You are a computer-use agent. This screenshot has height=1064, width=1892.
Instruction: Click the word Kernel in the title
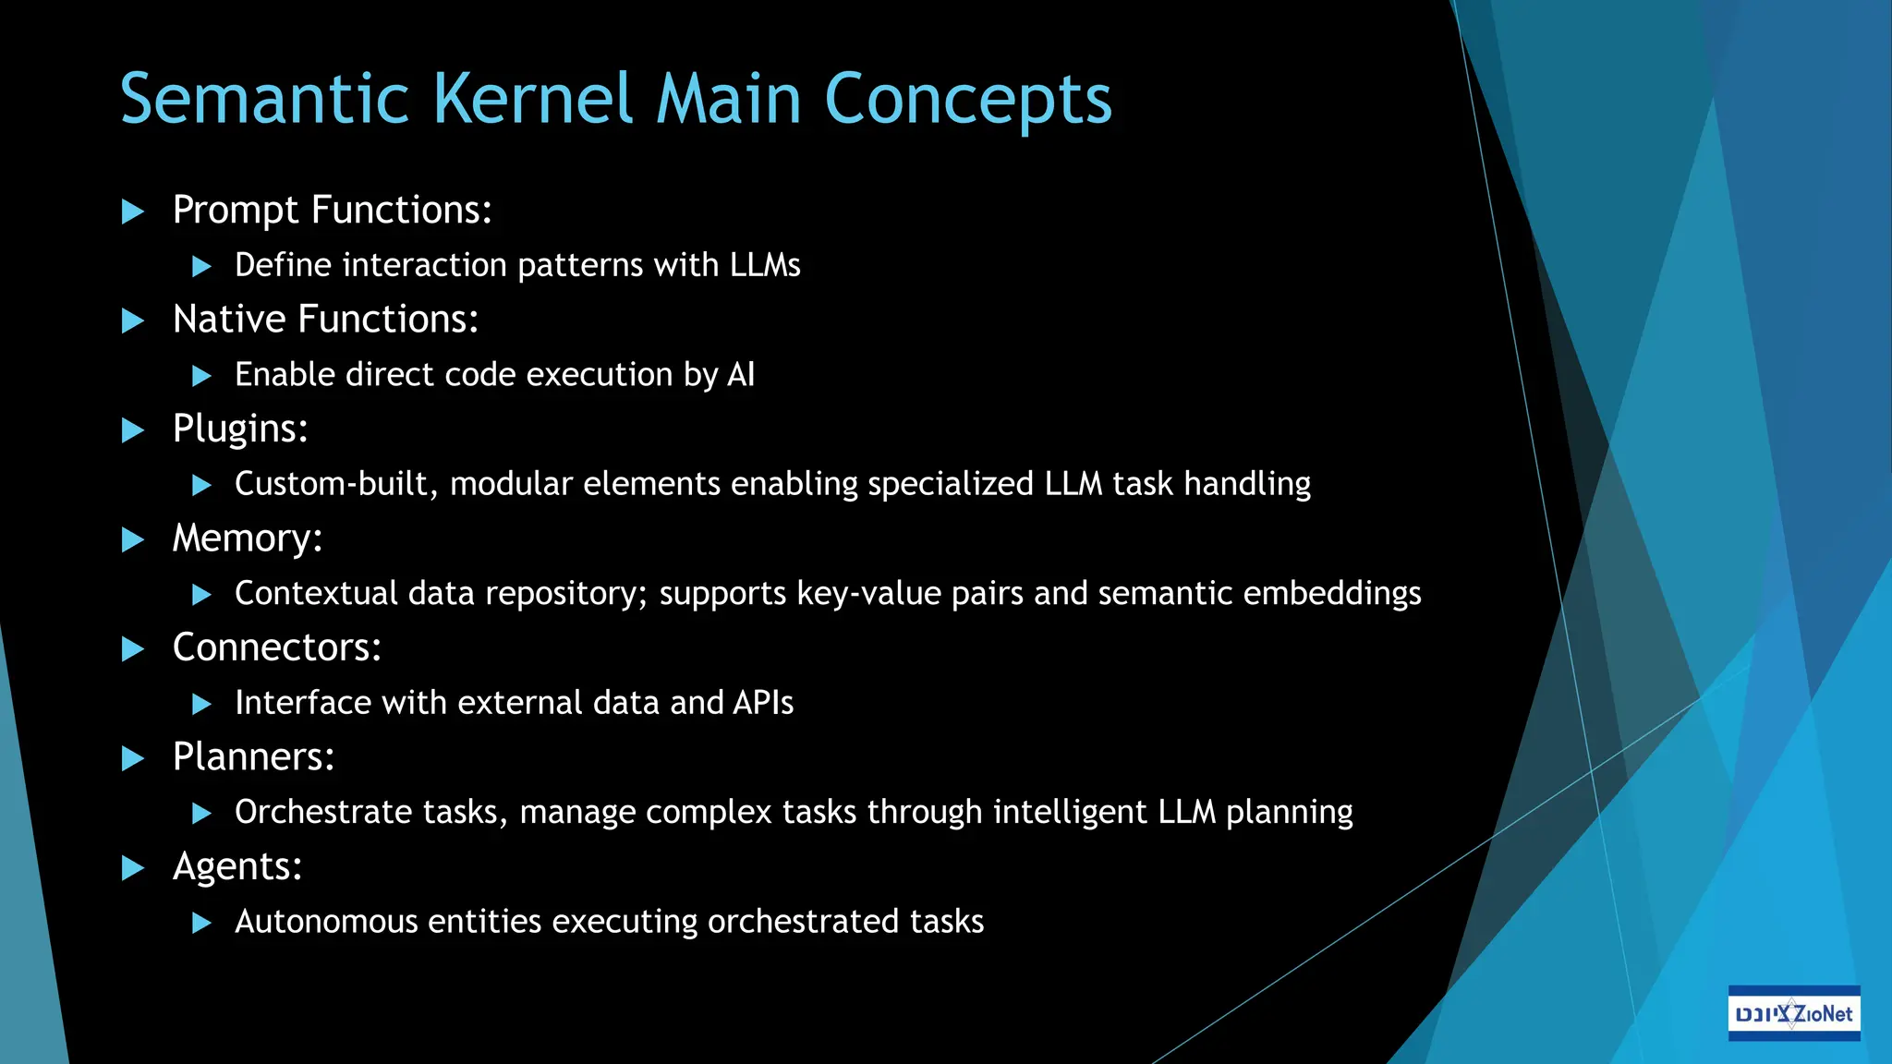533,99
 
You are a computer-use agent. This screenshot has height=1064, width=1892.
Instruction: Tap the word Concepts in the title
967,99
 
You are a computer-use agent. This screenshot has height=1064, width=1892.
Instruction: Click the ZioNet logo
1793,1013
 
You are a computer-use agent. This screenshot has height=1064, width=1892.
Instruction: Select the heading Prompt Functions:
332,211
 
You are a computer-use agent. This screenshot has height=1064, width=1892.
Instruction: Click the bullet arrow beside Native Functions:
134,321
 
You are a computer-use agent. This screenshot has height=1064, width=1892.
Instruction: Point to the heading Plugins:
240,429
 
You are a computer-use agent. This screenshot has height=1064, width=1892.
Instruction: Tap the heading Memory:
248,538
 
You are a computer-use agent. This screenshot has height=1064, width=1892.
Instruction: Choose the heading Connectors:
277,647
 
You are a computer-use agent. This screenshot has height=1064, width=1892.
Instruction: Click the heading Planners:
254,757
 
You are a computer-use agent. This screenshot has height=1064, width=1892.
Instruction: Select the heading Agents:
237,866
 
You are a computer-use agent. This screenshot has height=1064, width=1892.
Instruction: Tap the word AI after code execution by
741,375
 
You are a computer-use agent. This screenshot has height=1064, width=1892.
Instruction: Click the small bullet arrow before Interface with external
201,705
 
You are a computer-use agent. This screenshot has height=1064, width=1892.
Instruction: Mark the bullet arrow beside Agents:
134,868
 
